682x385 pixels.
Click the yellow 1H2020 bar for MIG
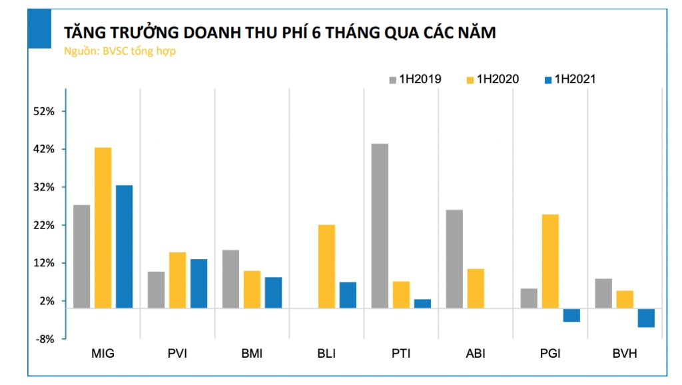pos(103,227)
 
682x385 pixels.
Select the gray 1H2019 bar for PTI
pos(380,225)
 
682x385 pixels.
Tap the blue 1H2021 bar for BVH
pos(646,318)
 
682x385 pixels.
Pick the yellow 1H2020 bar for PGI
pos(550,260)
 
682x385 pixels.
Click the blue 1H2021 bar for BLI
pos(348,294)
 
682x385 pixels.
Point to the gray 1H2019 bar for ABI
pos(454,258)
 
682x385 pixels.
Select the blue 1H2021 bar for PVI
pos(198,283)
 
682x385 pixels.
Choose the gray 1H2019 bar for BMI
pos(230,278)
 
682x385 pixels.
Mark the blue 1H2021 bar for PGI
pos(571,315)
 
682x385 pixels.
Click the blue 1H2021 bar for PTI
pos(422,303)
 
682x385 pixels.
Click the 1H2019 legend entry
pos(414,79)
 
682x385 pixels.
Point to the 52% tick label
pos(43,111)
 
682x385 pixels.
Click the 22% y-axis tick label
pos(43,225)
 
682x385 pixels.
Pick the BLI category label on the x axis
pos(326,354)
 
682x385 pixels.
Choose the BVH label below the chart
pos(624,354)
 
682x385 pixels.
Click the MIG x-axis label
pos(103,354)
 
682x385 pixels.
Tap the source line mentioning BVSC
pos(119,51)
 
